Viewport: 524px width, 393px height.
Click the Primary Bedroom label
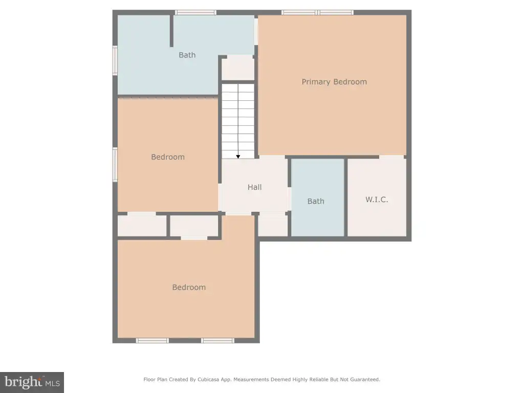tap(334, 82)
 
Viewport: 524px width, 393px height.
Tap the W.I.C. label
tap(377, 200)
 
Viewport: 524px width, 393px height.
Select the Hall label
tap(255, 187)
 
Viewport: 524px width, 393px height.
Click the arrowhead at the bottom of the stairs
tap(238, 157)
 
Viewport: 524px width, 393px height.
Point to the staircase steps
tap(238, 121)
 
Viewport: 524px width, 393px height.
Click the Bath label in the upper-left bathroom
tap(187, 55)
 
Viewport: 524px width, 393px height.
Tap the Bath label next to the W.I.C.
tap(316, 201)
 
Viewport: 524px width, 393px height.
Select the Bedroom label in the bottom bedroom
tap(189, 288)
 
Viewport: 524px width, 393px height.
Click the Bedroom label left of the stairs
tap(168, 157)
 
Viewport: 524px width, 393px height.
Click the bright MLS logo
tap(32, 382)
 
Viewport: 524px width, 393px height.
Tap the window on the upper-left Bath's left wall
tap(115, 60)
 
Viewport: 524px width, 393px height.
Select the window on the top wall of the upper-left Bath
tap(195, 13)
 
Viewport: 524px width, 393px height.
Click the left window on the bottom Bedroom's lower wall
tap(152, 340)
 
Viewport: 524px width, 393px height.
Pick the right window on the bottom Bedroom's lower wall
tap(217, 340)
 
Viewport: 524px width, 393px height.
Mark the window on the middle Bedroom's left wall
tap(115, 165)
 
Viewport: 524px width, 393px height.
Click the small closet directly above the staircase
tap(238, 68)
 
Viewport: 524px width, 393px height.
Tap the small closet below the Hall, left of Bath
tap(273, 226)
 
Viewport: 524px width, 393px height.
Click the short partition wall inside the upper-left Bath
tap(171, 31)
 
